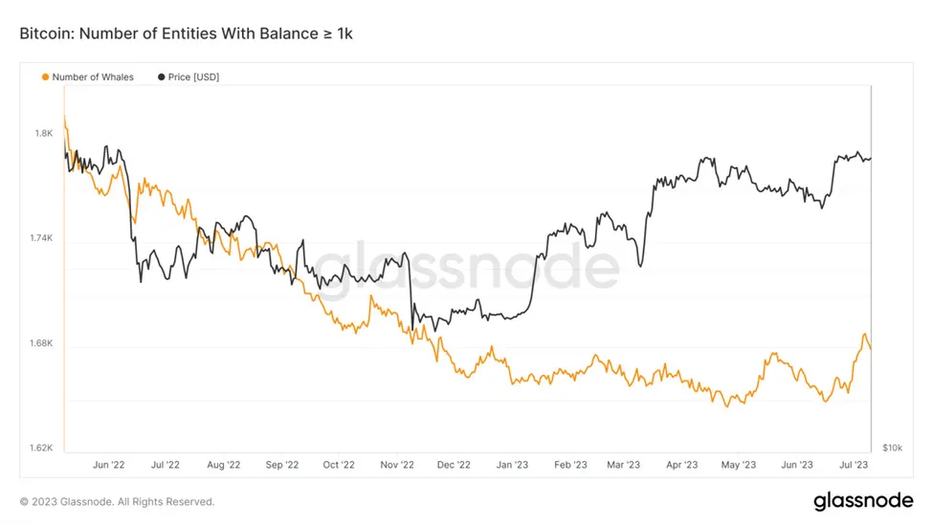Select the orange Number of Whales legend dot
(45, 77)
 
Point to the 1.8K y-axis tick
(44, 133)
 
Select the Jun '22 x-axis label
(108, 465)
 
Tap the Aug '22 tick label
(223, 465)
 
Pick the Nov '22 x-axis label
(396, 465)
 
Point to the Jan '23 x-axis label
(512, 465)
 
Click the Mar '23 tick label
(623, 465)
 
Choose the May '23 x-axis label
(738, 465)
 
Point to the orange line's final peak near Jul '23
(864, 335)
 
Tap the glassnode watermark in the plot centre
(466, 267)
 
